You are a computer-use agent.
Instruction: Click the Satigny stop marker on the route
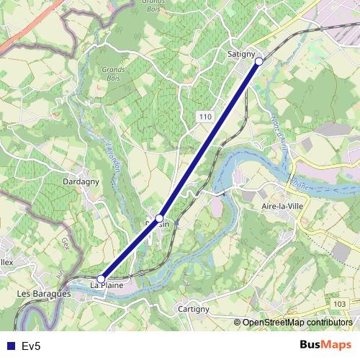point(258,61)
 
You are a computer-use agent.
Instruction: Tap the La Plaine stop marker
point(102,279)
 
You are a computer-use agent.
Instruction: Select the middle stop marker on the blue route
point(160,217)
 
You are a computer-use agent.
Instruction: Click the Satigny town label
point(241,53)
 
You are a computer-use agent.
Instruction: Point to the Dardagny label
point(65,182)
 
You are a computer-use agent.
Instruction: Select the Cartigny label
point(194,309)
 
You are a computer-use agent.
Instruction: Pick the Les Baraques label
point(43,294)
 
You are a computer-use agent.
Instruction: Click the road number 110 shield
point(206,116)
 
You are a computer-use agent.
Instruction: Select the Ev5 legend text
point(31,346)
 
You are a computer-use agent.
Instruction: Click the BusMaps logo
point(326,345)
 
